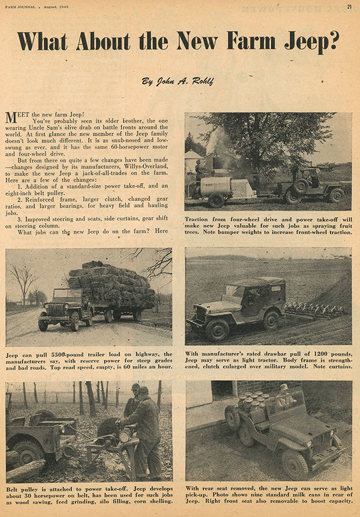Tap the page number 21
[x=349, y=7]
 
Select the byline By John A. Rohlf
[x=178, y=81]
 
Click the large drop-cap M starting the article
[x=11, y=117]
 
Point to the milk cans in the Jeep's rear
[x=252, y=403]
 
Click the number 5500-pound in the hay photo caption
[x=60, y=354]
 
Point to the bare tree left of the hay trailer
[x=24, y=279]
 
